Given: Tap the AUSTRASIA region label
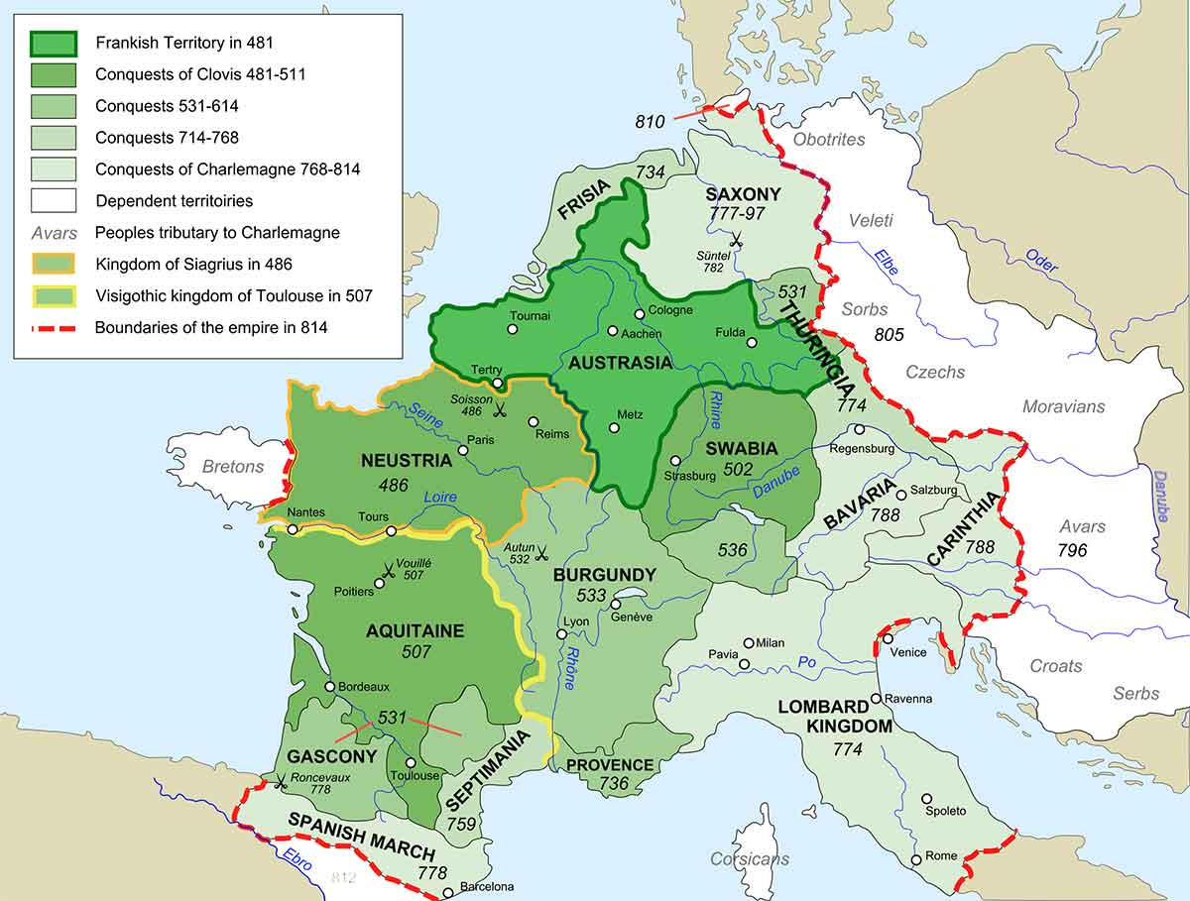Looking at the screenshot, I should point(621,363).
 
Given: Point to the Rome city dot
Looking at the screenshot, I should point(916,859).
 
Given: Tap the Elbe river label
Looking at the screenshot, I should point(886,263).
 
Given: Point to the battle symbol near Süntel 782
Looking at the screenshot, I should point(735,238).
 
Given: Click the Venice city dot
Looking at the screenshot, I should point(888,638).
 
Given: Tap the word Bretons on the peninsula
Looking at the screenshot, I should point(233,466).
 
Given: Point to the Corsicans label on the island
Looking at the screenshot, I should point(750,859).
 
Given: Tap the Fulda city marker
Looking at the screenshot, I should point(752,343).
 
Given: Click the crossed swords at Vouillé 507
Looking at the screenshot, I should point(389,570).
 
